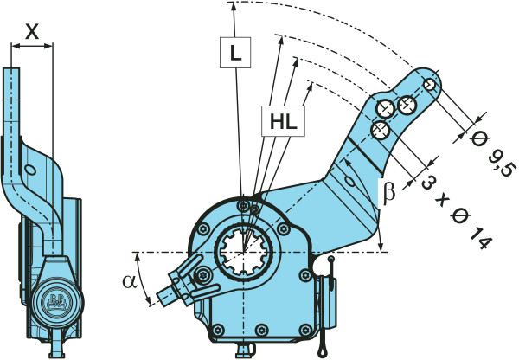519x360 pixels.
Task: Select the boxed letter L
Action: (235, 53)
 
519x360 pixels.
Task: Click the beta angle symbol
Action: (388, 192)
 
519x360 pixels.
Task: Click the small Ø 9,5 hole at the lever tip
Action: (431, 85)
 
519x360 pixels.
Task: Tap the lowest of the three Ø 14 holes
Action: (378, 131)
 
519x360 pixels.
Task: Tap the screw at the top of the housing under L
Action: (245, 206)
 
